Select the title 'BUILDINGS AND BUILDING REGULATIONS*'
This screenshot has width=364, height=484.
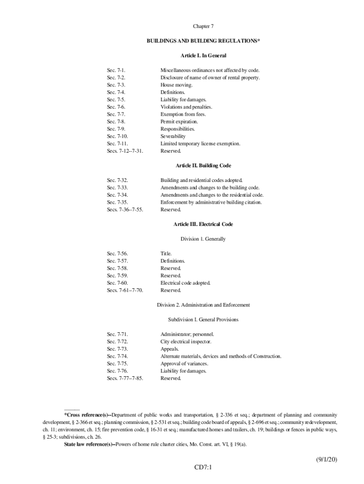click(x=203, y=41)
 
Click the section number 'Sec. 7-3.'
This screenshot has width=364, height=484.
click(x=116, y=85)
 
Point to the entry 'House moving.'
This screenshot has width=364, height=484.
click(x=176, y=85)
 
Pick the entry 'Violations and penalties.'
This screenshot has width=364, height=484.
click(x=186, y=107)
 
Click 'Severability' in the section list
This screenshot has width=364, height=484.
click(x=173, y=137)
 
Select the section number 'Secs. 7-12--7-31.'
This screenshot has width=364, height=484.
click(x=125, y=151)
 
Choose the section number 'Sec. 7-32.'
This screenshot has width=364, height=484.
click(x=117, y=181)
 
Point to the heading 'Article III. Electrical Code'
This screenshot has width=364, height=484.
click(x=203, y=224)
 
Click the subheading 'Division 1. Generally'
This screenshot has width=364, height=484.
click(x=203, y=239)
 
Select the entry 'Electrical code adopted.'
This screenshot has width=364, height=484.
click(x=185, y=283)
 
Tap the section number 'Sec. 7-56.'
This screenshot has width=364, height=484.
click(x=117, y=254)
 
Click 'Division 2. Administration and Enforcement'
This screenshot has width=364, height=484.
click(x=203, y=305)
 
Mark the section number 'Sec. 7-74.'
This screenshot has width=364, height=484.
click(x=117, y=356)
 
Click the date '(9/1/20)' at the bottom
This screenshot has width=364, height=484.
click(x=327, y=459)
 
